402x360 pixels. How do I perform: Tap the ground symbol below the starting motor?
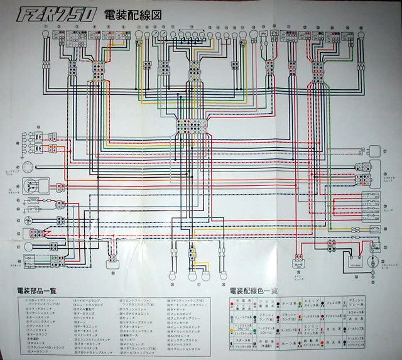point(375,274)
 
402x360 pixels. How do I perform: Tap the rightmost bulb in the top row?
point(361,36)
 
